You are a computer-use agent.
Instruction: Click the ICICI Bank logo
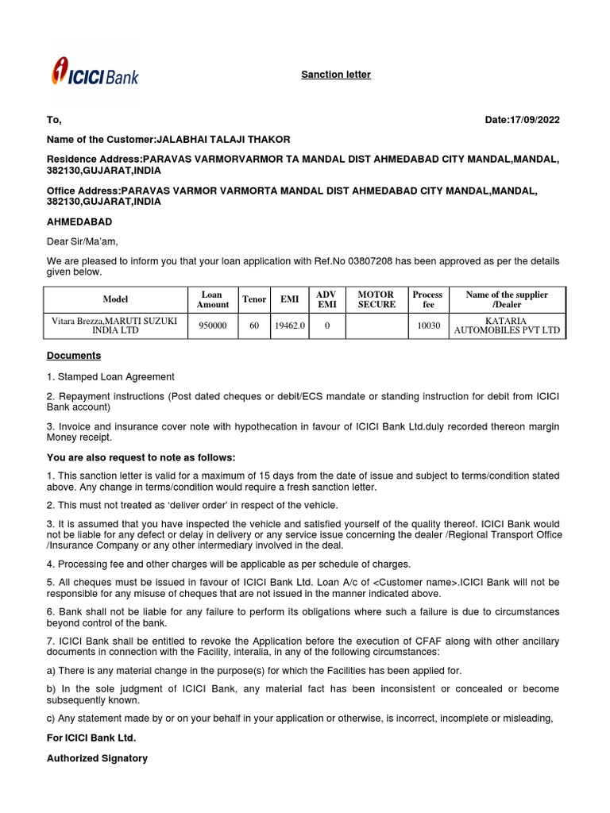point(95,73)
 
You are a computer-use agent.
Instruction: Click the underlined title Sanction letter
point(335,75)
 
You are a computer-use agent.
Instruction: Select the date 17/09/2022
point(534,120)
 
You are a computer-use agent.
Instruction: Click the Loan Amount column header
point(212,299)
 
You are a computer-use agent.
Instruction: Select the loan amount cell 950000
point(212,326)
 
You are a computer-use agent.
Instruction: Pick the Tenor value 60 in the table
point(254,326)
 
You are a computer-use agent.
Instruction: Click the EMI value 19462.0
point(289,326)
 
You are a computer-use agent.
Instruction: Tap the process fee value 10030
point(427,326)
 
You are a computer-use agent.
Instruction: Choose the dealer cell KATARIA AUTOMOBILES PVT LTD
point(506,326)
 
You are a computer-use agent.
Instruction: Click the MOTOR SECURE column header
point(376,299)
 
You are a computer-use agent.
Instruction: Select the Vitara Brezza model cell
point(115,326)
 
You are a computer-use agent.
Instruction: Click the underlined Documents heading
point(74,356)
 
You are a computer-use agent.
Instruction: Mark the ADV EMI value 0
point(326,326)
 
